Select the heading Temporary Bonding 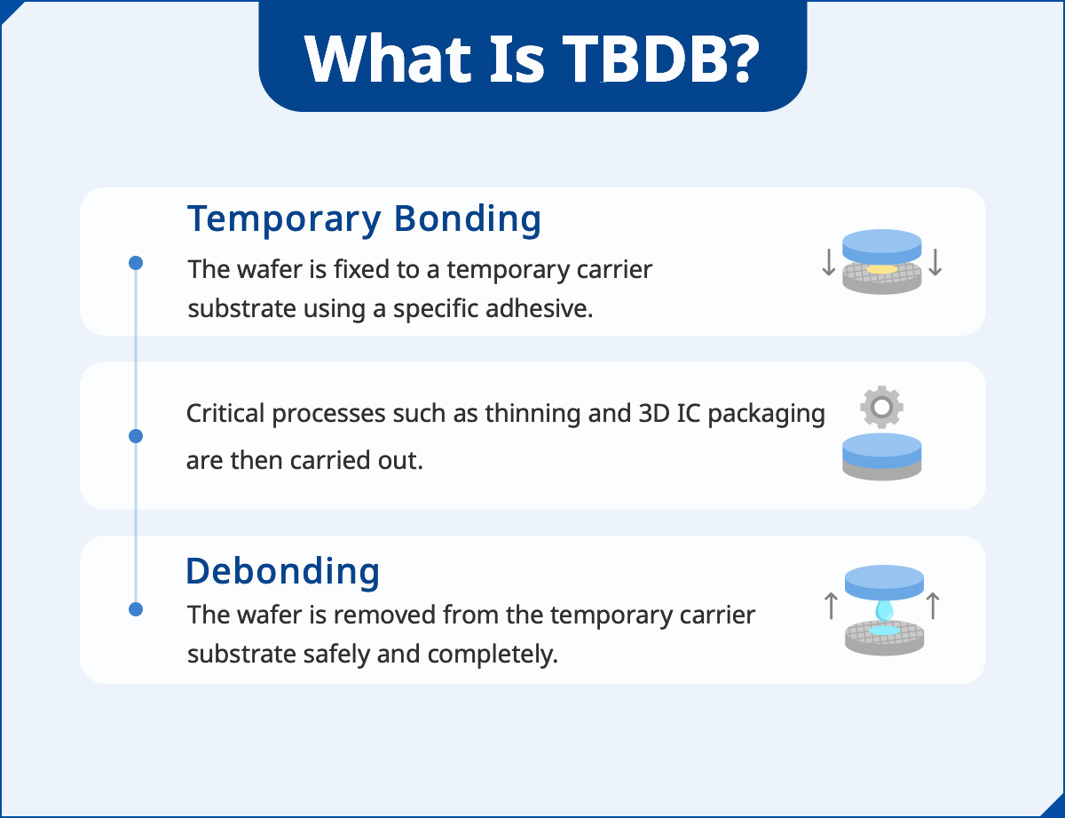364,218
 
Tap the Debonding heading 282,570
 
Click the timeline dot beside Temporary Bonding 136,263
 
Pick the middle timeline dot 136,436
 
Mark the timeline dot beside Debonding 136,609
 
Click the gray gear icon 881,408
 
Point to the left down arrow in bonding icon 828,263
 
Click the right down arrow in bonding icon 935,263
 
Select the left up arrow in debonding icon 831,607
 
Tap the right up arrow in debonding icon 933,607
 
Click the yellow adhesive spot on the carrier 882,269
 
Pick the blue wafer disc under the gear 881,449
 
